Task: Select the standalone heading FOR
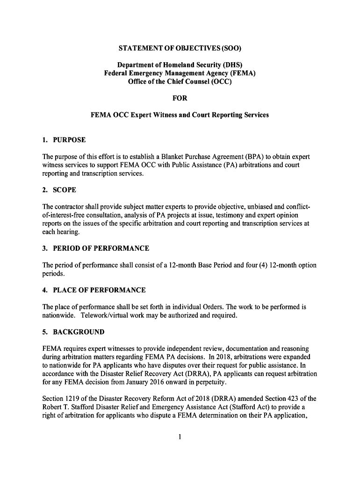[x=180, y=98]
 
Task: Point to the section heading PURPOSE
[x=69, y=140]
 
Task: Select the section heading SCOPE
[x=65, y=190]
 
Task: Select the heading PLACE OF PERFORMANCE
[x=99, y=290]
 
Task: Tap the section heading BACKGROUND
[x=79, y=332]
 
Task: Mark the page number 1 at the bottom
[x=180, y=437]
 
